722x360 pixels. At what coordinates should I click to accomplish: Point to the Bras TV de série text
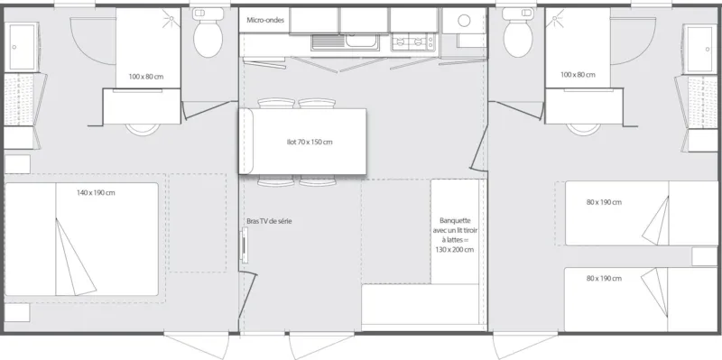[x=268, y=221]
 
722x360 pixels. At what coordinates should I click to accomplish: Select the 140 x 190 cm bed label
[x=95, y=193]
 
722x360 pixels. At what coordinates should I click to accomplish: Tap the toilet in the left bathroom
[x=208, y=35]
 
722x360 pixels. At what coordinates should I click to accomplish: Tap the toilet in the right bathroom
[x=518, y=35]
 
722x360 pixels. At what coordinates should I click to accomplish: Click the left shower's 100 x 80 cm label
[x=145, y=76]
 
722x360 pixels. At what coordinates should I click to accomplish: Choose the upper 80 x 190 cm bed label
[x=603, y=202]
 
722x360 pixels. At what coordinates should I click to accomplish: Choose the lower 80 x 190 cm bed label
[x=603, y=279]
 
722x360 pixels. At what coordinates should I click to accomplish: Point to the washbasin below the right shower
[x=579, y=126]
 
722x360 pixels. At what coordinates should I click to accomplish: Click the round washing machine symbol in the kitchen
[x=464, y=20]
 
